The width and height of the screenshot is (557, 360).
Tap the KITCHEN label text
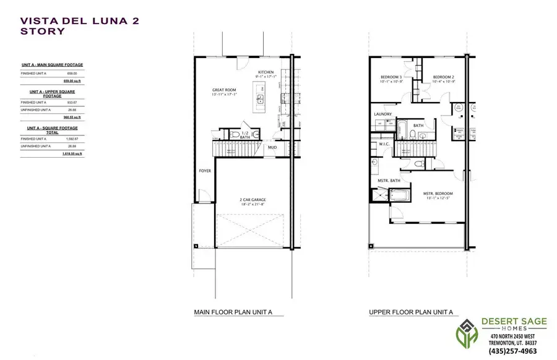click(266, 72)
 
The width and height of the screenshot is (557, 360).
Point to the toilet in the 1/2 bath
click(235, 134)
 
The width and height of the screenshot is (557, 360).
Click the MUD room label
click(272, 148)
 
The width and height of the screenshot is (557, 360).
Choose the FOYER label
click(205, 170)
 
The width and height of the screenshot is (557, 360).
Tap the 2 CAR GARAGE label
click(253, 200)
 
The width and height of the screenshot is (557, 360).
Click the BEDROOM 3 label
click(391, 77)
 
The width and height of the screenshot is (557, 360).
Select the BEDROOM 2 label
click(444, 77)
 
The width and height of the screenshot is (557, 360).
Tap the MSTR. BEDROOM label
click(438, 193)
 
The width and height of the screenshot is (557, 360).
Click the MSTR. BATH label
click(389, 181)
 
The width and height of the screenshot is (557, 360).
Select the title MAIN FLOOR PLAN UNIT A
click(233, 313)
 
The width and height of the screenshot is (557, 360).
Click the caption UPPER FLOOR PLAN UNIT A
click(412, 313)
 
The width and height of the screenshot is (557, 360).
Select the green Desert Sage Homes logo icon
click(466, 334)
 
